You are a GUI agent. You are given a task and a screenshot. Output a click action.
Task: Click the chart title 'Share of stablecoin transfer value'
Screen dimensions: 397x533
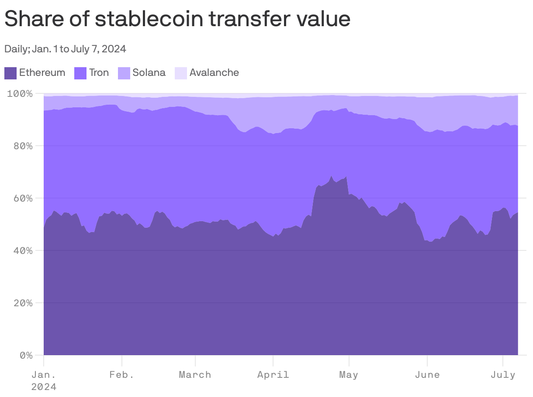(x=177, y=19)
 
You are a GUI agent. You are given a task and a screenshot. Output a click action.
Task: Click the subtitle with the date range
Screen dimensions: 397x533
(x=65, y=49)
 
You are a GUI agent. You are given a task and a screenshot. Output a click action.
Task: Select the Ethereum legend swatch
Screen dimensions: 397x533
(x=10, y=73)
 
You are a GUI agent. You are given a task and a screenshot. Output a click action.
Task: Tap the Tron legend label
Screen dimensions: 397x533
(x=99, y=72)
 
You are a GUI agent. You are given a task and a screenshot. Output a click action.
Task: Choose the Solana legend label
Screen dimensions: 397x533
(x=149, y=72)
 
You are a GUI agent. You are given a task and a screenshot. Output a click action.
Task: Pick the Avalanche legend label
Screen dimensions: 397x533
(x=214, y=72)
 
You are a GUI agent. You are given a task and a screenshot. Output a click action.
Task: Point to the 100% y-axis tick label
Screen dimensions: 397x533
(x=20, y=93)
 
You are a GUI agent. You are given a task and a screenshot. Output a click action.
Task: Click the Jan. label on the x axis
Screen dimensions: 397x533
(x=44, y=375)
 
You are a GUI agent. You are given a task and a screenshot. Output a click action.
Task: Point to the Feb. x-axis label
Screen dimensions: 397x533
(x=122, y=375)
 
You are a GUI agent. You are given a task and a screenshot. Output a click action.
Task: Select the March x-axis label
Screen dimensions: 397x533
(x=195, y=375)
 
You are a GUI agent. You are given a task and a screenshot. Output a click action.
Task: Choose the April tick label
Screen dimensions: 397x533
(x=273, y=375)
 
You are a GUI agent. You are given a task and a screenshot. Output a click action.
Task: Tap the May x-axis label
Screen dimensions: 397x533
(x=349, y=375)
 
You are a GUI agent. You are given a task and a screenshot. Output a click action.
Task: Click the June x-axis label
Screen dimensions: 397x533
(x=427, y=375)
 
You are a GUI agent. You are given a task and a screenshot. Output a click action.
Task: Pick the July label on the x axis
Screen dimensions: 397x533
(x=503, y=375)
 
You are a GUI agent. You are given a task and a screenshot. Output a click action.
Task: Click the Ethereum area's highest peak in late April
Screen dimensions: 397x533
(x=332, y=177)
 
